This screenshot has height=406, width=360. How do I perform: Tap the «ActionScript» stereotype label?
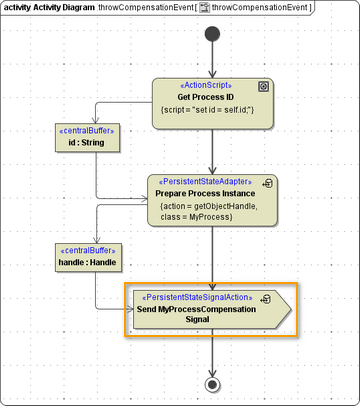click(210, 85)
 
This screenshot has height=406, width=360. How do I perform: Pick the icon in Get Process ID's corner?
click(264, 86)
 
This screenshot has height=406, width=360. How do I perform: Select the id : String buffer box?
click(87, 138)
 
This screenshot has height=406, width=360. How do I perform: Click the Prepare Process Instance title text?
click(206, 192)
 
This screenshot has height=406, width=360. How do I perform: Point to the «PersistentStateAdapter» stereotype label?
click(205, 181)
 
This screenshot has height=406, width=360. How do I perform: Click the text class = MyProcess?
click(201, 216)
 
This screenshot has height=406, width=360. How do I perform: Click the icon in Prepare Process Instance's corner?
click(267, 183)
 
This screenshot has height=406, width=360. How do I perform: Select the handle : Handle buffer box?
click(87, 257)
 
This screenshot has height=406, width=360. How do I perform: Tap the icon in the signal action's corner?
click(265, 298)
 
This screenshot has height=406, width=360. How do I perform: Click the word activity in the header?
click(21, 8)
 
